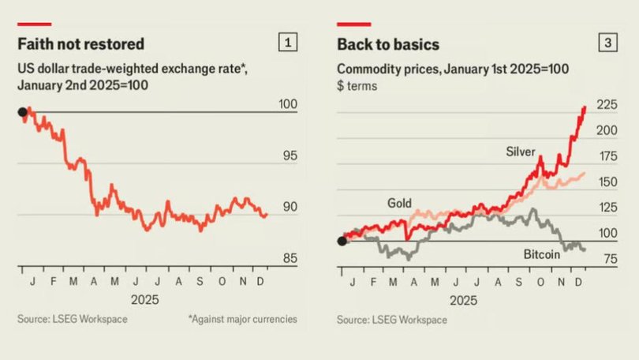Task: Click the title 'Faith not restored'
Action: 80,43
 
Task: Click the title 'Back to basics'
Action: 388,43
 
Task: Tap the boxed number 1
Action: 289,43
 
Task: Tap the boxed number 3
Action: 608,43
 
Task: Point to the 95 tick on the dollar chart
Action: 290,156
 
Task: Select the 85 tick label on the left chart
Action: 290,258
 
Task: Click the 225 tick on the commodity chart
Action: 607,105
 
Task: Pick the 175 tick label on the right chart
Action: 607,156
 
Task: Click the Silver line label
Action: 521,152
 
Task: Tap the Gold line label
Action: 399,203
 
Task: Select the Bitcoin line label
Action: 541,254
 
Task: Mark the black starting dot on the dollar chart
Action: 22,112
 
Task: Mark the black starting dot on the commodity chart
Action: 342,241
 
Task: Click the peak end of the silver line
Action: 584,107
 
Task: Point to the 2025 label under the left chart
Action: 144,300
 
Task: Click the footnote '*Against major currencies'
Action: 242,319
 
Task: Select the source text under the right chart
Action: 391,320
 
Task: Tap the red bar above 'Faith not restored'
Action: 35,24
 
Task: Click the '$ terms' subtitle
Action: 357,85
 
